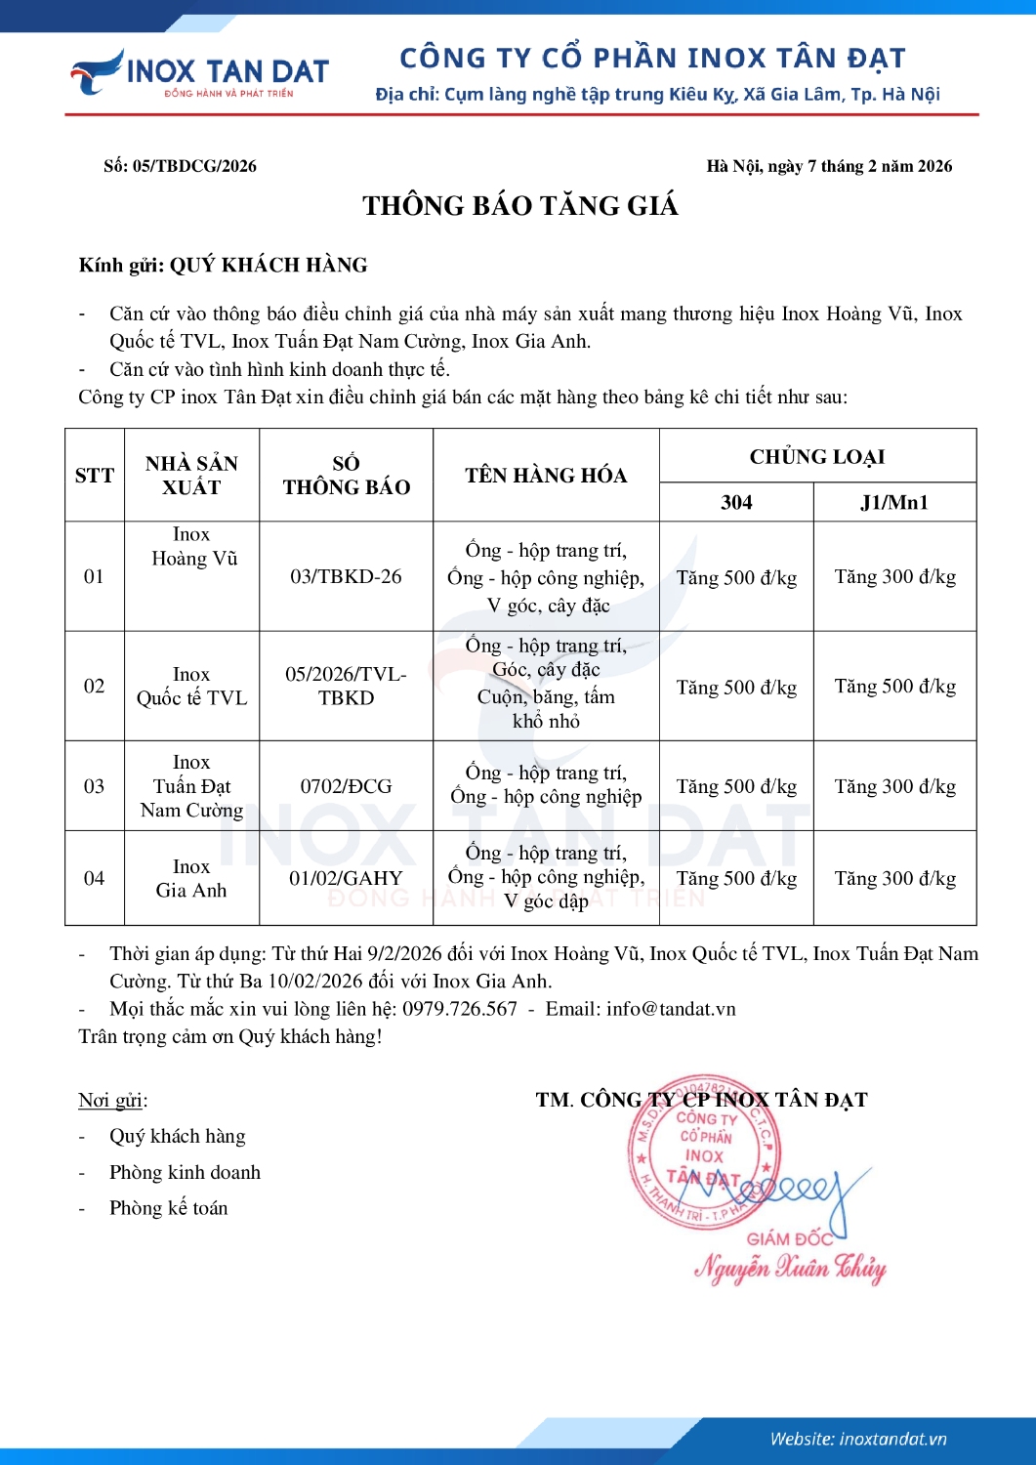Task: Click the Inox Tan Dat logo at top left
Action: pyautogui.click(x=199, y=73)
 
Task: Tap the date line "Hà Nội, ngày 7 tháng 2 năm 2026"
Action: pyautogui.click(x=829, y=166)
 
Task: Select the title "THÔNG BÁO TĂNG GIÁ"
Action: pyautogui.click(x=519, y=206)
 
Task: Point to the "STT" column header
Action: pyautogui.click(x=95, y=476)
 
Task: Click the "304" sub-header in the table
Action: pyautogui.click(x=736, y=503)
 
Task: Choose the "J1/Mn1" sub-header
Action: pyautogui.click(x=894, y=503)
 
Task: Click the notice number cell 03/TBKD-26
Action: pyautogui.click(x=346, y=576)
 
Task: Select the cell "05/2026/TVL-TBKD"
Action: pyautogui.click(x=346, y=686)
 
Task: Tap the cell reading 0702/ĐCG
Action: pyautogui.click(x=346, y=786)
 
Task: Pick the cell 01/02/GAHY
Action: pyautogui.click(x=346, y=878)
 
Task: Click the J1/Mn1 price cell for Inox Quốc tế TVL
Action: pyautogui.click(x=894, y=687)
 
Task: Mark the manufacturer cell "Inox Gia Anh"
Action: pyautogui.click(x=191, y=878)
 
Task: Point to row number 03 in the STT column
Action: pyautogui.click(x=94, y=786)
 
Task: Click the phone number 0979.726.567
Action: pyautogui.click(x=460, y=1009)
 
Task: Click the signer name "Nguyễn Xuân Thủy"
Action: pyautogui.click(x=790, y=1269)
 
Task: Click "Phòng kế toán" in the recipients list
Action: pyautogui.click(x=168, y=1208)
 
